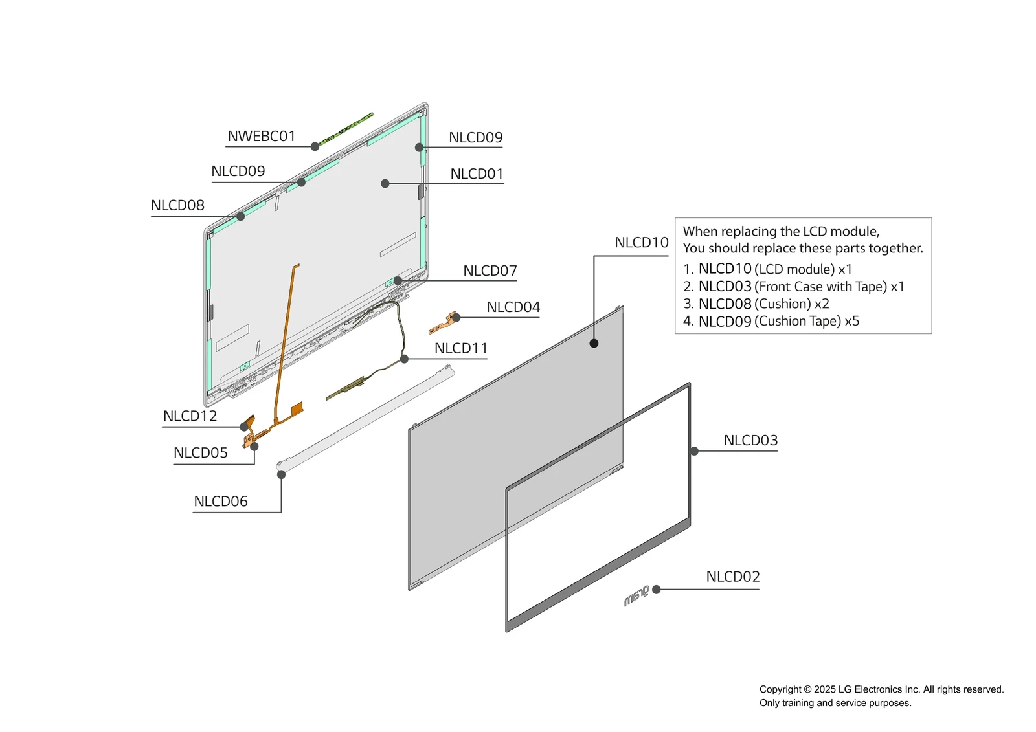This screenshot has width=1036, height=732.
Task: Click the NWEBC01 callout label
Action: tap(261, 137)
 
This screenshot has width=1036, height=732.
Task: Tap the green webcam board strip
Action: tap(346, 128)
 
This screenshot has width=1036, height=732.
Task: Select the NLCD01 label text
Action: tap(477, 174)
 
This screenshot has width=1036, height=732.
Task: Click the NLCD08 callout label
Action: tap(177, 206)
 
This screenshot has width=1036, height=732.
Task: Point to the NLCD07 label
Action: tap(490, 271)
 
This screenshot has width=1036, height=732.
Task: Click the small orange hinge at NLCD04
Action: tap(444, 322)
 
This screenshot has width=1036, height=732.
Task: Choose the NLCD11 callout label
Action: tap(460, 348)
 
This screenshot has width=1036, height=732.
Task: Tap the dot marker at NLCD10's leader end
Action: tap(594, 344)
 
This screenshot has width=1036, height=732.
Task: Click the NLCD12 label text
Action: tap(190, 416)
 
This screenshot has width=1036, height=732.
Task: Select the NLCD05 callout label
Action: tap(200, 453)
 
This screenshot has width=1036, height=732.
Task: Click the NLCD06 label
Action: tap(220, 502)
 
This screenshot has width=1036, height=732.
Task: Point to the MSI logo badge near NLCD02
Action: tap(636, 596)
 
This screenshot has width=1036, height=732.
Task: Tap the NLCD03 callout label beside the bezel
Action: tap(750, 441)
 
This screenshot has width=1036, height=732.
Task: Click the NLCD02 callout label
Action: tap(732, 577)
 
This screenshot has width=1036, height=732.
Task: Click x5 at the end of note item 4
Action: tap(851, 322)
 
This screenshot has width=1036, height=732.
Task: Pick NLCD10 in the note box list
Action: tap(725, 269)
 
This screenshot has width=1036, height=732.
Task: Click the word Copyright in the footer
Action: tap(780, 690)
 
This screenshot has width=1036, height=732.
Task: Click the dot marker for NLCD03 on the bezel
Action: tap(694, 451)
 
